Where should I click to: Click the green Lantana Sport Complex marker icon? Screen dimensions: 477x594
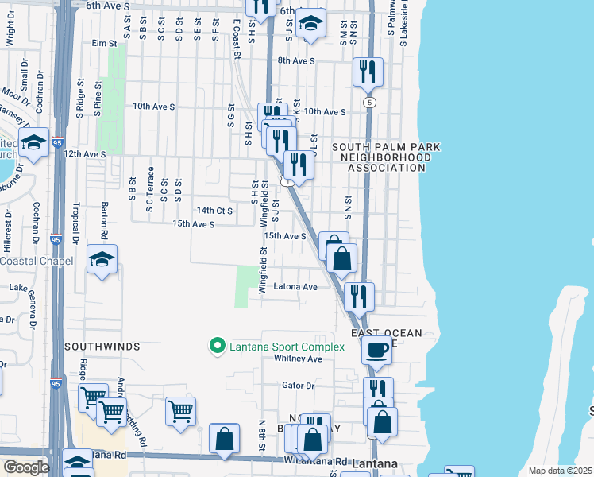[215, 347]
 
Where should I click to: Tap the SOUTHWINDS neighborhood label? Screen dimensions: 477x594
[102, 347]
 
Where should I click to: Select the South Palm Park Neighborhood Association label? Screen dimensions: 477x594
[386, 157]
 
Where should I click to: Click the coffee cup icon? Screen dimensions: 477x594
[376, 349]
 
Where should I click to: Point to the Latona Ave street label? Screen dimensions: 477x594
[295, 287]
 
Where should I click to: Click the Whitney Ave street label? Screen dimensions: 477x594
[298, 359]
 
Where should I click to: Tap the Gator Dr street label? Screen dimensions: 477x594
[299, 386]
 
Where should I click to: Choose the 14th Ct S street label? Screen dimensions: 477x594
[214, 211]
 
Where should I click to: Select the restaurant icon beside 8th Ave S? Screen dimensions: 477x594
[368, 72]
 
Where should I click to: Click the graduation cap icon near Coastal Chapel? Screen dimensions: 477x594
[102, 259]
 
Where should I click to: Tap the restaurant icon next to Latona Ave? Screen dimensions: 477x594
[359, 296]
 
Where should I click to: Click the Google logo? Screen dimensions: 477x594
[25, 467]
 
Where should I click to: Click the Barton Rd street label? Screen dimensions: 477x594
[104, 220]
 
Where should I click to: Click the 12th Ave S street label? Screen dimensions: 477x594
[84, 153]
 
